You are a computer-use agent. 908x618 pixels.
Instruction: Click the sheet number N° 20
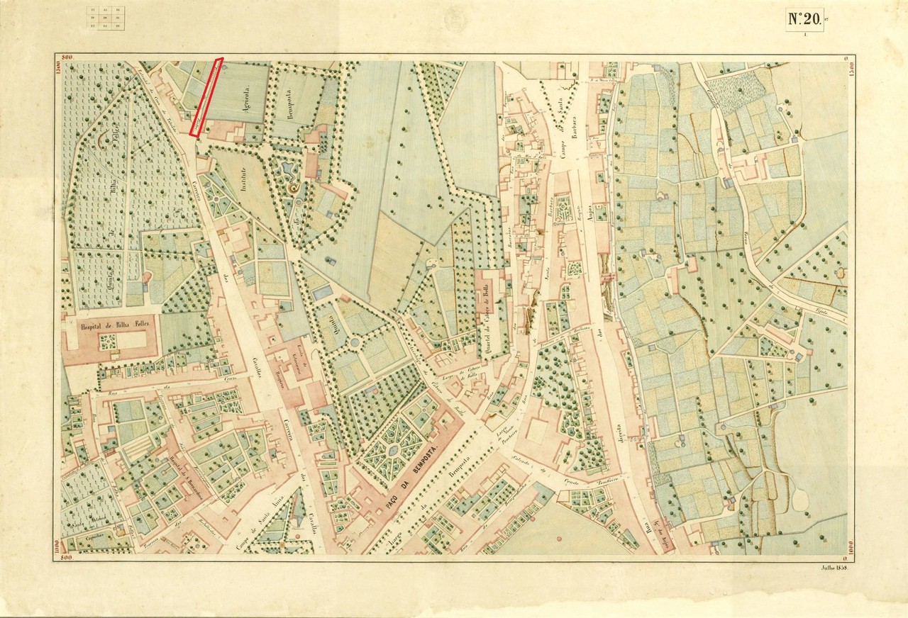(x=804, y=19)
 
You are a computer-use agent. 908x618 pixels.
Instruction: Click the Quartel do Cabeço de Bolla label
(x=488, y=315)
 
